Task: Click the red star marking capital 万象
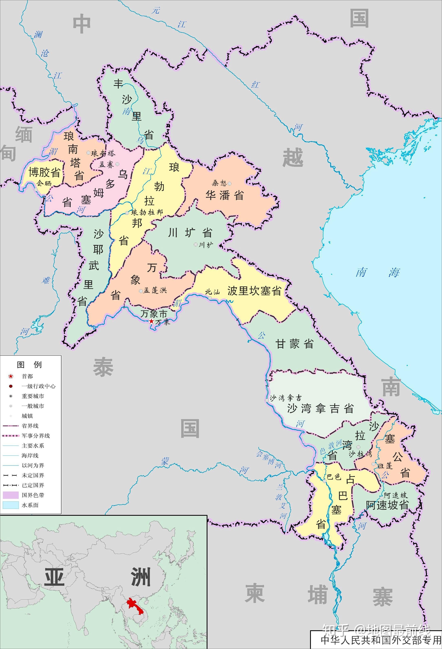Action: (151, 321)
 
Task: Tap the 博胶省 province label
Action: (44, 172)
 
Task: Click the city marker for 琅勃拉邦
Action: (127, 213)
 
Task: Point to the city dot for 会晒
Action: (36, 190)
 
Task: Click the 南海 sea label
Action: (377, 272)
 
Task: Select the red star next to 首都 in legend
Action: (11, 376)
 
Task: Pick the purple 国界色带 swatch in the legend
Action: (11, 495)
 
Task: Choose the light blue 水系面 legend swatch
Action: (11, 505)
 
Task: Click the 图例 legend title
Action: (29, 364)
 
